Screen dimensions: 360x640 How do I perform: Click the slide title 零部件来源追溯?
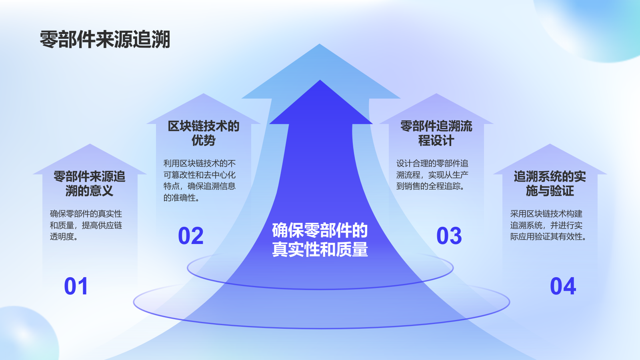click(105, 40)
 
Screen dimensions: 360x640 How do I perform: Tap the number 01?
click(76, 286)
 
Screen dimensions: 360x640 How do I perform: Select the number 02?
click(191, 236)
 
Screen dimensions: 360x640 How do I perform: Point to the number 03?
click(449, 236)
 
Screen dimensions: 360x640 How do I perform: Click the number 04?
click(563, 286)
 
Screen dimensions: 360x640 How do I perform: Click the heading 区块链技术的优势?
click(204, 133)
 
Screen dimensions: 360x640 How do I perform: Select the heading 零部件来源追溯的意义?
click(90, 184)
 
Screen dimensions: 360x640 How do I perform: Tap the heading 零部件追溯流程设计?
click(436, 133)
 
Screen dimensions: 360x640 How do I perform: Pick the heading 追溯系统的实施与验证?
click(550, 184)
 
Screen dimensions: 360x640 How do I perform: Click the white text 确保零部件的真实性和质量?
click(320, 240)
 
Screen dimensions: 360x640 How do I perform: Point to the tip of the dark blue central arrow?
click(320, 82)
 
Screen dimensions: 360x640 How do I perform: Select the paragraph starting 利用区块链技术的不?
click(200, 180)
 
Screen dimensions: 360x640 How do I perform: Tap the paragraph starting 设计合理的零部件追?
click(432, 175)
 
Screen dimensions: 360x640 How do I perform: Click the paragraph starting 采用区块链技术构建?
click(548, 225)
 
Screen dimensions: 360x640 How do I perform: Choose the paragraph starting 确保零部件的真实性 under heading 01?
click(86, 225)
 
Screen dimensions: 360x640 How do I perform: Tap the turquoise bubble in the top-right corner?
click(600, 24)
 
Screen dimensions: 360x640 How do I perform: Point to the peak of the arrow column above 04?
click(550, 146)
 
